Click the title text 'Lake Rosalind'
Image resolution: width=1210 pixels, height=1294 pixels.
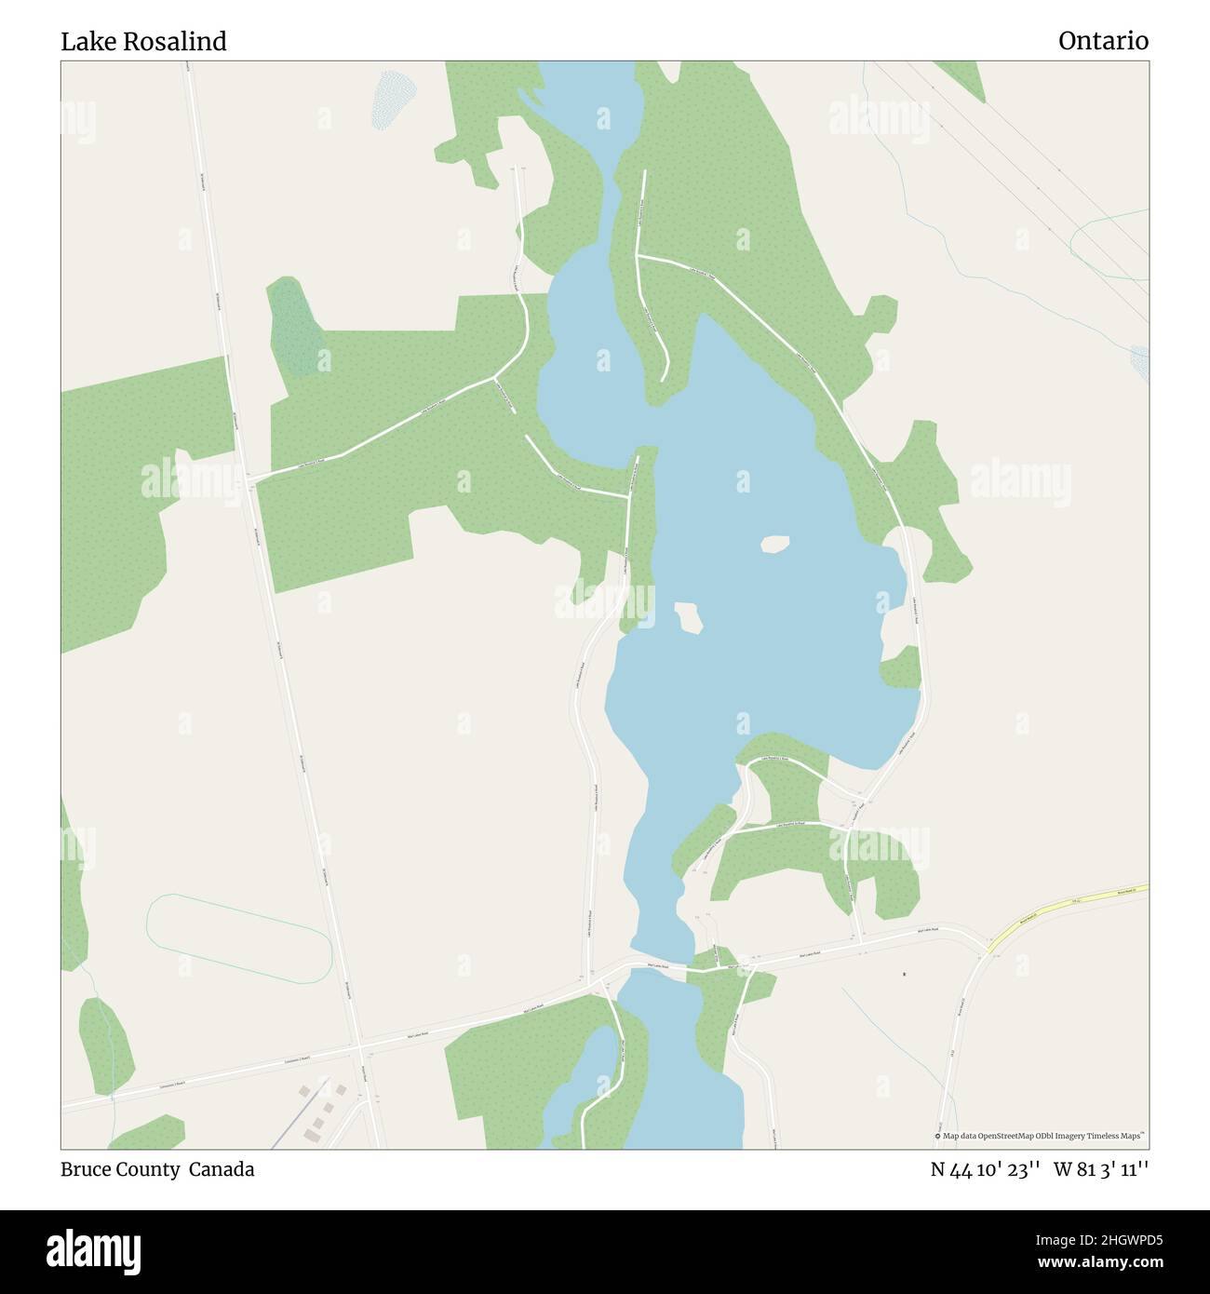pos(143,42)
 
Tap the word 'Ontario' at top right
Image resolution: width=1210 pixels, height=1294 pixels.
pos(1103,42)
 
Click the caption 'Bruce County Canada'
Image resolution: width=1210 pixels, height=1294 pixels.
pos(157,1169)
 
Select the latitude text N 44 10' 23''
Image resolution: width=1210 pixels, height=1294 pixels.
pos(986,1170)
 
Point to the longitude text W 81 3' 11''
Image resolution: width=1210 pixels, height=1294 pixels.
pos(1101,1170)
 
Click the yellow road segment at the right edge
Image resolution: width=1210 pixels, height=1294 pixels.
pos(1070,905)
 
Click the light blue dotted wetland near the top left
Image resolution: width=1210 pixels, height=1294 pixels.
pos(395,98)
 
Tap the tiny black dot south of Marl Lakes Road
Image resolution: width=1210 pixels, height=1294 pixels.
pos(904,975)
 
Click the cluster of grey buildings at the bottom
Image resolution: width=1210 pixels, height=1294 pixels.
pos(321,1108)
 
